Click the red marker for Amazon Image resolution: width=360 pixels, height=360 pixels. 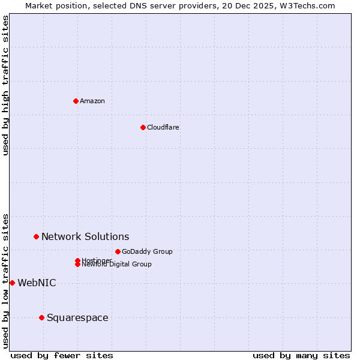point(76,101)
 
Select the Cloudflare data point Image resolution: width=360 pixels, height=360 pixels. point(143,127)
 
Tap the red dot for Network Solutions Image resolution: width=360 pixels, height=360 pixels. point(36,237)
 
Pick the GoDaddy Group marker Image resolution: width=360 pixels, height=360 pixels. point(118,251)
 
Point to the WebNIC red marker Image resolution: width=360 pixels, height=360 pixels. point(12,283)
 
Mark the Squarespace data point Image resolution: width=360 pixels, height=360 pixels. point(41,317)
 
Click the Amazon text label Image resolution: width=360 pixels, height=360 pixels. point(92,101)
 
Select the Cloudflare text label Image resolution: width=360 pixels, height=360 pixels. point(163,127)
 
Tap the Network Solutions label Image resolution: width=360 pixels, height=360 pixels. point(85,237)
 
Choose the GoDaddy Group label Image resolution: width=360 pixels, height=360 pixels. point(147,251)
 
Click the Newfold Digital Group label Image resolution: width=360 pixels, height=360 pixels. point(117,265)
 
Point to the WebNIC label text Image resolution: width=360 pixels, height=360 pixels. point(37,283)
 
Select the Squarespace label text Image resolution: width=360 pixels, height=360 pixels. point(77,318)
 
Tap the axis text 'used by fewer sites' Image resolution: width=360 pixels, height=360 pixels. point(62,355)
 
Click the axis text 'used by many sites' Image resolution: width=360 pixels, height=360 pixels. point(301,355)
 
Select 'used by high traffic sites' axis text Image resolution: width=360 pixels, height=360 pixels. point(5,85)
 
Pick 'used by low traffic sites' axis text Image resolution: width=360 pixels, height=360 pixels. point(5,280)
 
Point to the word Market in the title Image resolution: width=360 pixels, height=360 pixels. point(40,5)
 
